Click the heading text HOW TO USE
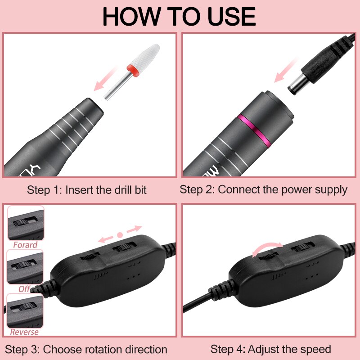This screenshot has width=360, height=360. (x=179, y=16)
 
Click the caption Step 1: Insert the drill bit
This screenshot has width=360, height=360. (x=87, y=189)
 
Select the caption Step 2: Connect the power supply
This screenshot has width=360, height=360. (x=264, y=189)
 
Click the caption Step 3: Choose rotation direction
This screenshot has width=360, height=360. (x=86, y=349)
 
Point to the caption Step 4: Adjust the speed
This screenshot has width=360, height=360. (x=270, y=349)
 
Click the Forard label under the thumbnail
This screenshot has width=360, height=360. (x=25, y=245)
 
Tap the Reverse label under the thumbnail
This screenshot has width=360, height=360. (x=24, y=332)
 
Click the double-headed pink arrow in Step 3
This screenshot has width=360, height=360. (x=120, y=234)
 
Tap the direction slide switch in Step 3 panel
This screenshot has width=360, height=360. (x=125, y=248)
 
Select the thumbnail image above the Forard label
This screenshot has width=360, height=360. (x=26, y=224)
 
